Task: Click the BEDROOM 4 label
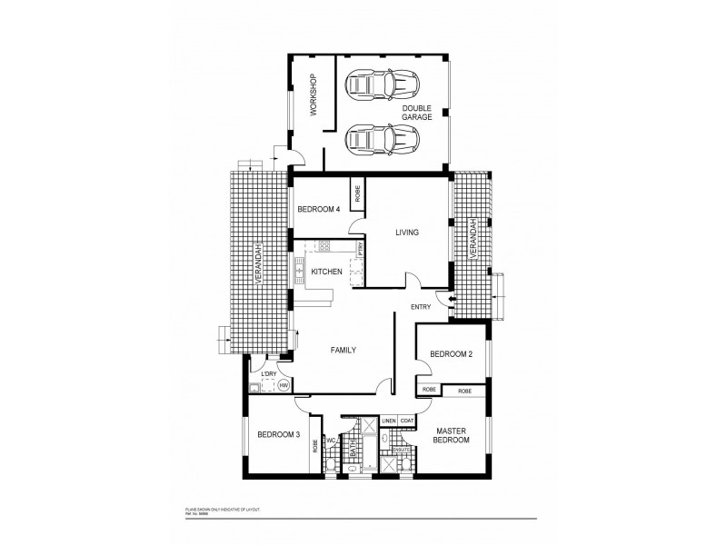[x=318, y=210]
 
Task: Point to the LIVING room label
[x=406, y=233]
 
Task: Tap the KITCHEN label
[x=326, y=272]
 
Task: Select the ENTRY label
[x=422, y=306]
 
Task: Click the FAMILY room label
[x=343, y=350]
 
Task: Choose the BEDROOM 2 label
[x=452, y=354]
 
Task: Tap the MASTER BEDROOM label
[x=452, y=435]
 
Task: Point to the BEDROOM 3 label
[x=278, y=435]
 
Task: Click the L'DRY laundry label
[x=268, y=374]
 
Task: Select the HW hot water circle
[x=284, y=387]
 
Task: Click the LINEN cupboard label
[x=388, y=421]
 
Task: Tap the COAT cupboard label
[x=407, y=421]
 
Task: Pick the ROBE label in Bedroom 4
[x=358, y=193]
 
